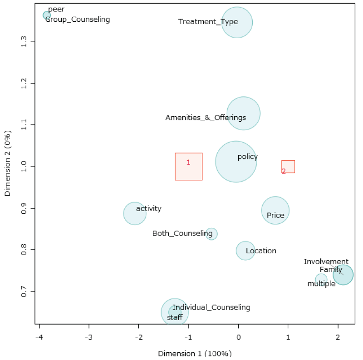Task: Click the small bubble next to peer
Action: coord(47,15)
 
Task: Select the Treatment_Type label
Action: coord(208,22)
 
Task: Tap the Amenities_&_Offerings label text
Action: coord(206,118)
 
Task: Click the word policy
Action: coord(247,157)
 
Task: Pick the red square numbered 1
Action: coord(189,167)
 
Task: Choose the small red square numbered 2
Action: coord(288,167)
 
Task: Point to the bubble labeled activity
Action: coord(135,213)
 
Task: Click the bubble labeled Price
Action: coord(275,210)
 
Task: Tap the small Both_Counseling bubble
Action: coord(211,234)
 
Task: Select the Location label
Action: coord(261,251)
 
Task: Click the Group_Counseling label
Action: coord(78,20)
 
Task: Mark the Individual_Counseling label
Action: coord(211,307)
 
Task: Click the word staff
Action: coord(175,317)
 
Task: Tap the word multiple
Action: coord(321,284)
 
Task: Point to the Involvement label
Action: coord(326,261)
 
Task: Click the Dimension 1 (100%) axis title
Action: coord(195,353)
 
